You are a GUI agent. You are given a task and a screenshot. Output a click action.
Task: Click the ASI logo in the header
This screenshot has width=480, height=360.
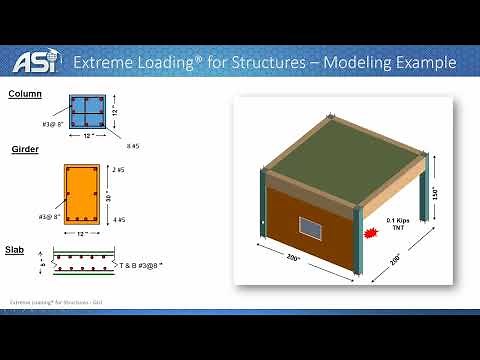pos(33,61)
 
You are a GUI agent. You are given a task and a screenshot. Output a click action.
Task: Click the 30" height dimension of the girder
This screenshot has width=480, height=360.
pos(108,196)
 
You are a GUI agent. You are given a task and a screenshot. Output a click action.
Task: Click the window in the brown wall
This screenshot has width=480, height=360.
pos(312,231)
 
